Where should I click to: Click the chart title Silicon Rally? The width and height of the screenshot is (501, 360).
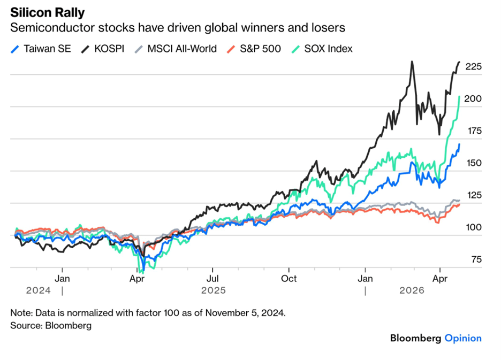47,13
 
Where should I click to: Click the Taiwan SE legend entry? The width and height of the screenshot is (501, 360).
41,49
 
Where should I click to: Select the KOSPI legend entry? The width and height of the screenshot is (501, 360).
102,49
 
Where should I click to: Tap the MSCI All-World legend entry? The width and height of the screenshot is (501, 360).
176,49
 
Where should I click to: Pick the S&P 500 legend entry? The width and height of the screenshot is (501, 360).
254,49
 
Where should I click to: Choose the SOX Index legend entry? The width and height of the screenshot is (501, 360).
322,49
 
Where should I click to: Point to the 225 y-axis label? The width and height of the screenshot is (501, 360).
473,66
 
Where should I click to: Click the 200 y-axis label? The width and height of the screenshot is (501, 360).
473,99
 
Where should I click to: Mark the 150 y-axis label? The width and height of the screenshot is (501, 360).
474,163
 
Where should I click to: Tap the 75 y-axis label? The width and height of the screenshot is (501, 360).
476,259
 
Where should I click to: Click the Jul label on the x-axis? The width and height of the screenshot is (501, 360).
212,279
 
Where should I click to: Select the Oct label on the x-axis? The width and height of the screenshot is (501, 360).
289,279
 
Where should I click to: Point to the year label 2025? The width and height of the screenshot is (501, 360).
214,290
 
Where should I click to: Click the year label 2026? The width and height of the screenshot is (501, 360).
412,290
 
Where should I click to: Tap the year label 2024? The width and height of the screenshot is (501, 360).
39,290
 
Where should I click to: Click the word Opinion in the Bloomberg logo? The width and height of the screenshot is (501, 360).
463,338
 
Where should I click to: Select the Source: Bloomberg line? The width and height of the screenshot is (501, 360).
51,326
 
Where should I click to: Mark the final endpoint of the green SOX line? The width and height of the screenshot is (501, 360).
459,96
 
